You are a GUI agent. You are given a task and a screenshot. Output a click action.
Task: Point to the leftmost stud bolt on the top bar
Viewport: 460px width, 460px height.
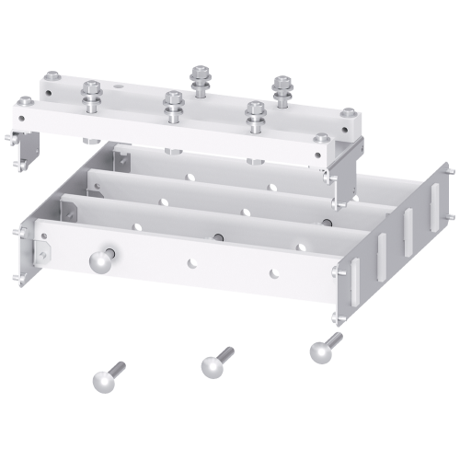(x=92, y=94)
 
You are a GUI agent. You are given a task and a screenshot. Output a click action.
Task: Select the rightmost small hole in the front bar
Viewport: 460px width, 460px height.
(x=273, y=271)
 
